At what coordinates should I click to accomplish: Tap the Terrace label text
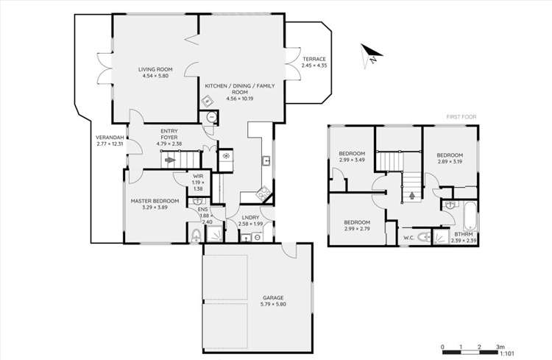(x=314, y=63)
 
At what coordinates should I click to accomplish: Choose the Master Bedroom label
(x=155, y=204)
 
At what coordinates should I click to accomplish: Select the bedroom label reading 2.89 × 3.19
(x=450, y=158)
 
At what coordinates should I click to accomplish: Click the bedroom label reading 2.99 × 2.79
(x=357, y=225)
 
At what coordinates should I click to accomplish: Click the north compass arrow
(x=370, y=54)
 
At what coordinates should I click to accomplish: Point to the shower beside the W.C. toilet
(x=440, y=236)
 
